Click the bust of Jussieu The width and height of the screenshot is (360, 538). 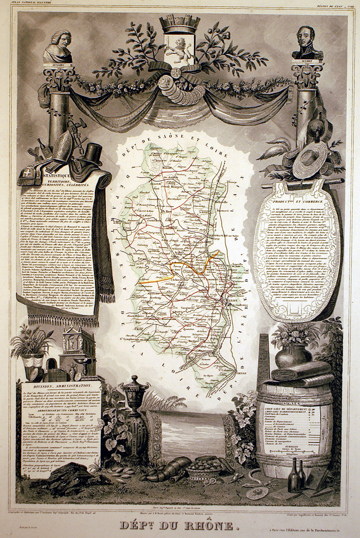point(58,47)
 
